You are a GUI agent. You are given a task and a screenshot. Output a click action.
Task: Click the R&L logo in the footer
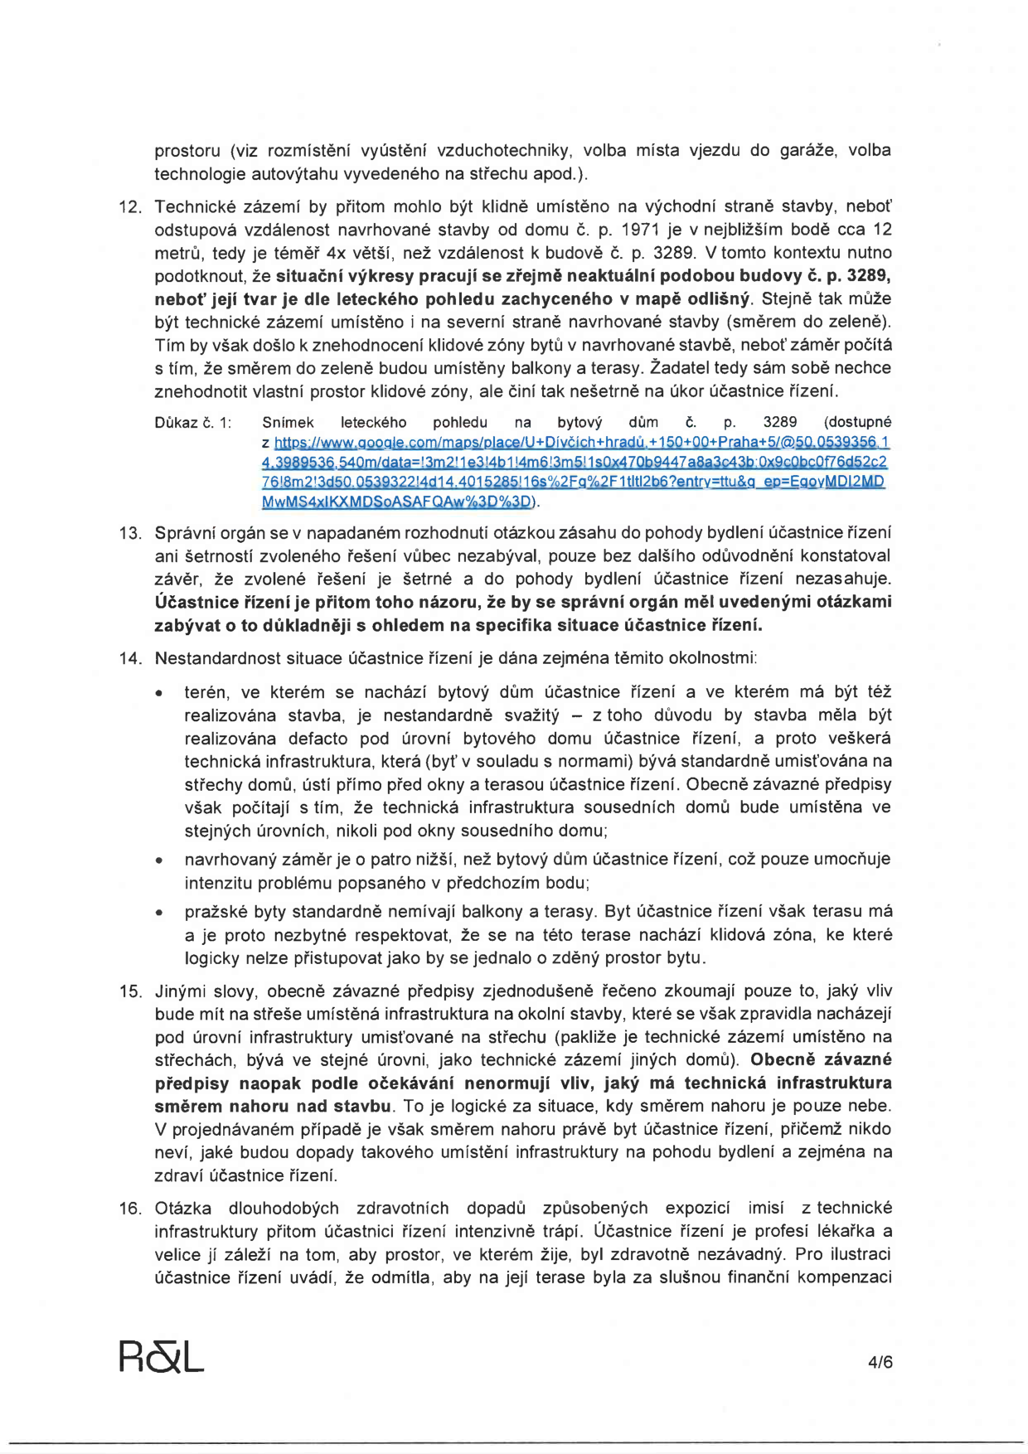pyautogui.click(x=161, y=1357)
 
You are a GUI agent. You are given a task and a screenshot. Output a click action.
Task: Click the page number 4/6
pyautogui.click(x=880, y=1361)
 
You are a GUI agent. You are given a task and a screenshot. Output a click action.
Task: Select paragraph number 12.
pyautogui.click(x=131, y=206)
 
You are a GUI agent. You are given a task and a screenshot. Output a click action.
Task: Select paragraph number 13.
pyautogui.click(x=131, y=533)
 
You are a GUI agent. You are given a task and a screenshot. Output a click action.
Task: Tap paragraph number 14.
pyautogui.click(x=131, y=659)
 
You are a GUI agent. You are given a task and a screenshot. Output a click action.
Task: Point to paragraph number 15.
pyautogui.click(x=131, y=991)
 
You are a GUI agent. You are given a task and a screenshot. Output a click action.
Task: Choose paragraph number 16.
pyautogui.click(x=131, y=1209)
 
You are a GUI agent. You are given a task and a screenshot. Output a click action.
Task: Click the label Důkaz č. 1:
pyautogui.click(x=192, y=423)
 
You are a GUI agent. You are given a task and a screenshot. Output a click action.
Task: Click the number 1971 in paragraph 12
pyautogui.click(x=641, y=230)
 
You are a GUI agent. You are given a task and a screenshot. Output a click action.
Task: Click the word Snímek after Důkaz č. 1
pyautogui.click(x=288, y=423)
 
